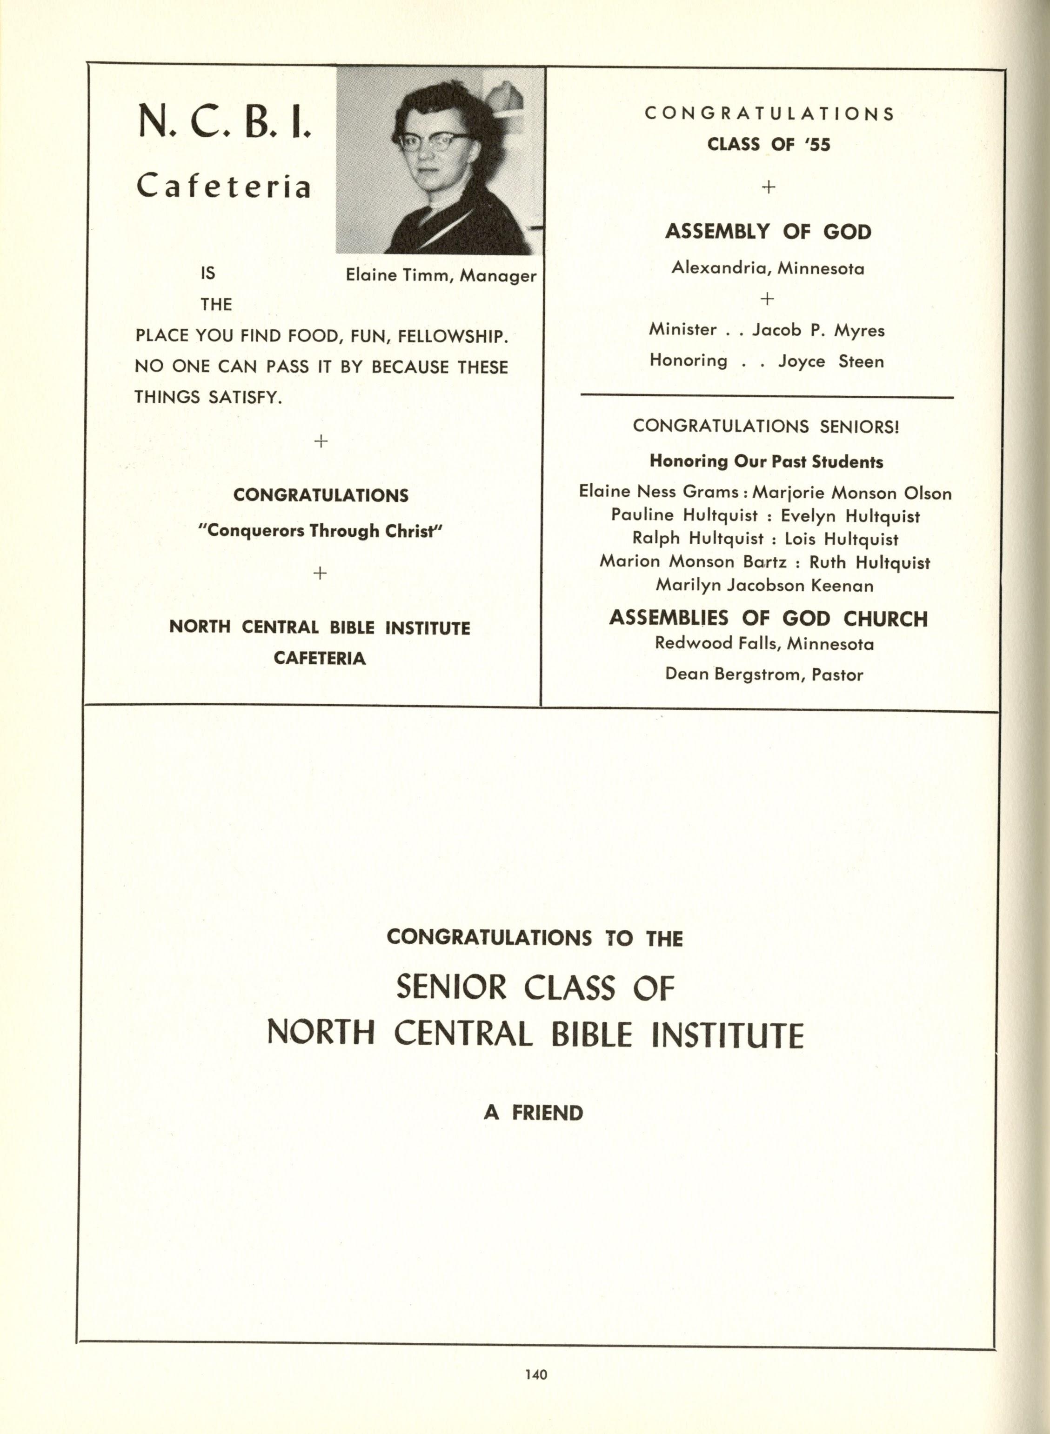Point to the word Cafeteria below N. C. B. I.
tap(224, 186)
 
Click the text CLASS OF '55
tap(769, 145)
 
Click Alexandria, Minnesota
tap(768, 269)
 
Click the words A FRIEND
tap(533, 1113)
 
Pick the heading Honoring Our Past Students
tap(766, 462)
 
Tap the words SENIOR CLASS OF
tap(535, 988)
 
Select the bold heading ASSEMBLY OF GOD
tap(768, 232)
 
